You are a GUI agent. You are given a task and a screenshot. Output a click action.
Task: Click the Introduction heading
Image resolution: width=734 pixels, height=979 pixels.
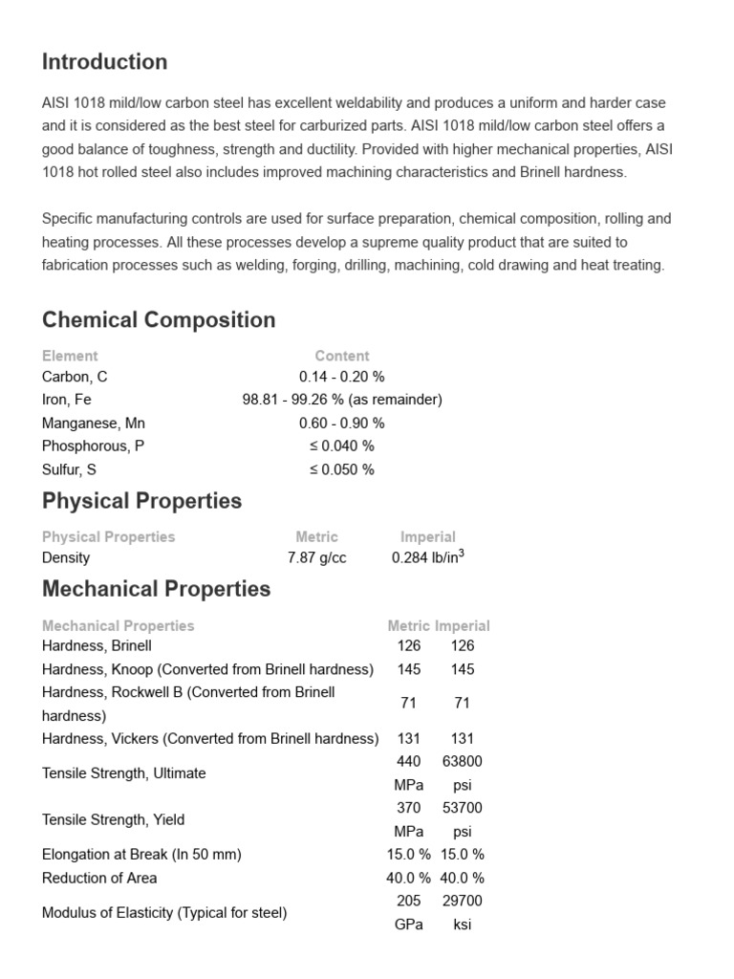tap(104, 62)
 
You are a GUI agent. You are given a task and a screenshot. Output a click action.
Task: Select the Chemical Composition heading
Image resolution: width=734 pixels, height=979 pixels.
tap(159, 320)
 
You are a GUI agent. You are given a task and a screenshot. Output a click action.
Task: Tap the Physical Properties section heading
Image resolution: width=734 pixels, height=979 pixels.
tap(141, 501)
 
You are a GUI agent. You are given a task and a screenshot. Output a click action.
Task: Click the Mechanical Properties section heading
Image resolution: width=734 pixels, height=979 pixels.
tap(156, 589)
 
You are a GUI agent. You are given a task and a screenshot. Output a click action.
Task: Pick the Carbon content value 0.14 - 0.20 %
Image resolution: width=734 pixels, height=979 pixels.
tap(342, 377)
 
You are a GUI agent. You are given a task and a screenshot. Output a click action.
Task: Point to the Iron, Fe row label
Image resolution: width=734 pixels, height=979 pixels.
tap(67, 400)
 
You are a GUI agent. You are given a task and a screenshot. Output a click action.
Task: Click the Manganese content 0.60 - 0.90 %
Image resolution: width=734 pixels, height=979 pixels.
tap(342, 423)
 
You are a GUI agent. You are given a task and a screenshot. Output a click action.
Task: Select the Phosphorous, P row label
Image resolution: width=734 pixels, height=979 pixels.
tap(94, 446)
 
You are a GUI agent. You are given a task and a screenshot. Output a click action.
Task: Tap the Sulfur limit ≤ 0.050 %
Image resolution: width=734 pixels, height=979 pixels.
tap(342, 469)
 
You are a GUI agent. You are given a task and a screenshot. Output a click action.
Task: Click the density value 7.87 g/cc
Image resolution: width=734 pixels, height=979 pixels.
tap(317, 557)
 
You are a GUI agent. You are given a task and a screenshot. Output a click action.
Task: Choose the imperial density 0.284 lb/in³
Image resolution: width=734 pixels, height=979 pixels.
tap(428, 556)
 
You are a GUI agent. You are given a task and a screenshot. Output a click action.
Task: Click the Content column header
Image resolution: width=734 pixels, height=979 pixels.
tap(342, 356)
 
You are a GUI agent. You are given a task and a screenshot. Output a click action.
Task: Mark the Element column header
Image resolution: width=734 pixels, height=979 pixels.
tap(70, 356)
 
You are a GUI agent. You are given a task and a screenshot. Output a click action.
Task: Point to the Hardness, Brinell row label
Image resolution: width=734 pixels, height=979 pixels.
tap(97, 645)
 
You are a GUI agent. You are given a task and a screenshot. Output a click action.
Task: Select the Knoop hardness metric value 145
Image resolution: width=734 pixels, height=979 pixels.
tap(409, 669)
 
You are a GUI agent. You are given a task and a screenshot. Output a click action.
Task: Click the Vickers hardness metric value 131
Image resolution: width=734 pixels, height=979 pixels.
tap(409, 738)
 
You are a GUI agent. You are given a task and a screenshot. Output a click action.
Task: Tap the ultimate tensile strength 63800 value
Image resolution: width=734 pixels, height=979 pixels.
tap(463, 762)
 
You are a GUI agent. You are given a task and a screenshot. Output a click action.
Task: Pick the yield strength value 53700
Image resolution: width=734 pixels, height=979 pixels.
tap(463, 809)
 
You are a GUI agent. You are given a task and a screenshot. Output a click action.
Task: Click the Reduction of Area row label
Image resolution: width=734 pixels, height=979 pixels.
tap(99, 878)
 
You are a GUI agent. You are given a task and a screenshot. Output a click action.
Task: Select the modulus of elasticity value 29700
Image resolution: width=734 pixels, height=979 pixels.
tap(463, 901)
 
